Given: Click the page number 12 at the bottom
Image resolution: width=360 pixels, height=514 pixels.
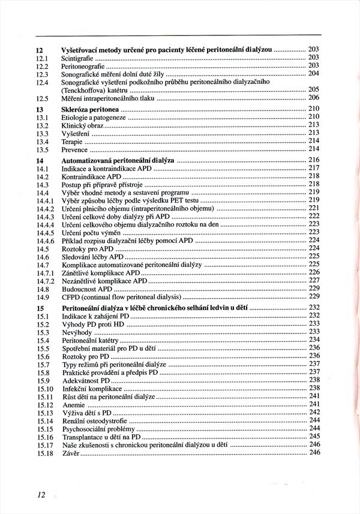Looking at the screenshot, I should pyautogui.click(x=40, y=495).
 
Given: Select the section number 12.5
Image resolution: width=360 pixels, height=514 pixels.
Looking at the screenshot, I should pyautogui.click(x=41, y=98).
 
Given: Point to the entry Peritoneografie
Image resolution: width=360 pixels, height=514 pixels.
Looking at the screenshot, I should pyautogui.click(x=83, y=65).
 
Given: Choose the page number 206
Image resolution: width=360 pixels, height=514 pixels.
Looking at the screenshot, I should pyautogui.click(x=314, y=98).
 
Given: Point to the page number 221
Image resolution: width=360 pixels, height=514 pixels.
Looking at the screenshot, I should pyautogui.click(x=314, y=208).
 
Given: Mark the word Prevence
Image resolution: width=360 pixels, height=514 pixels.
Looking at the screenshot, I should pyautogui.click(x=75, y=149).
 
